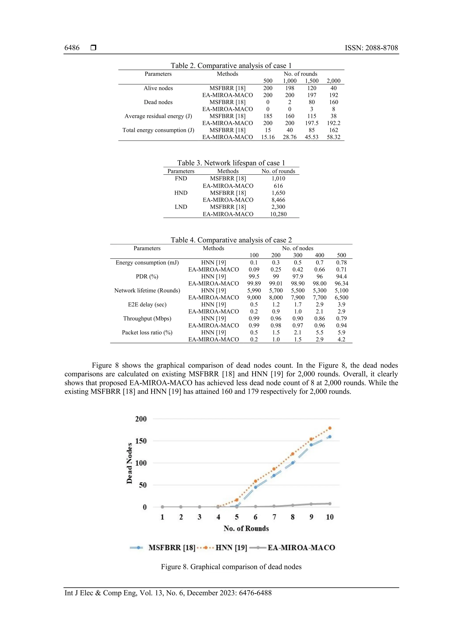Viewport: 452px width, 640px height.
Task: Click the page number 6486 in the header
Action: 72,48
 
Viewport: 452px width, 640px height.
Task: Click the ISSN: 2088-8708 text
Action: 371,48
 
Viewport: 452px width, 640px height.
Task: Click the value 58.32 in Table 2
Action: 333,137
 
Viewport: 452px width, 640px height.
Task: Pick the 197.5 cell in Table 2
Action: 311,123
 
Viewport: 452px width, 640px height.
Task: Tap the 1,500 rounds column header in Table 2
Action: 311,81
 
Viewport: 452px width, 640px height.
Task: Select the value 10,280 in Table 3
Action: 278,214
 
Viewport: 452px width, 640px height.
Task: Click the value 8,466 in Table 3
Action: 278,200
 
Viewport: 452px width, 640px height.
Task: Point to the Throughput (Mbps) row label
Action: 147,319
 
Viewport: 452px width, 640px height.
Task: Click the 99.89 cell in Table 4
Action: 254,284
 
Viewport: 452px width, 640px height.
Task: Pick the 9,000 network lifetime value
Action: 254,298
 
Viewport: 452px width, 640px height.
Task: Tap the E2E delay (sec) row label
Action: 147,305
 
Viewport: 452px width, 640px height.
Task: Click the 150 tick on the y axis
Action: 141,441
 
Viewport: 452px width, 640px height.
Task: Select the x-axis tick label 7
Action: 274,517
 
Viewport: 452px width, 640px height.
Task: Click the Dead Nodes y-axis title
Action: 129,463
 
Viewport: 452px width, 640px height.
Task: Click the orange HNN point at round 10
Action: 330,428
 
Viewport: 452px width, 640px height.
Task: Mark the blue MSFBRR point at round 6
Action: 255,487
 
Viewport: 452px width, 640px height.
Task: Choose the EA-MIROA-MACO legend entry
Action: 301,548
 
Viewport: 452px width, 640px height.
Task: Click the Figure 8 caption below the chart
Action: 231,567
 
